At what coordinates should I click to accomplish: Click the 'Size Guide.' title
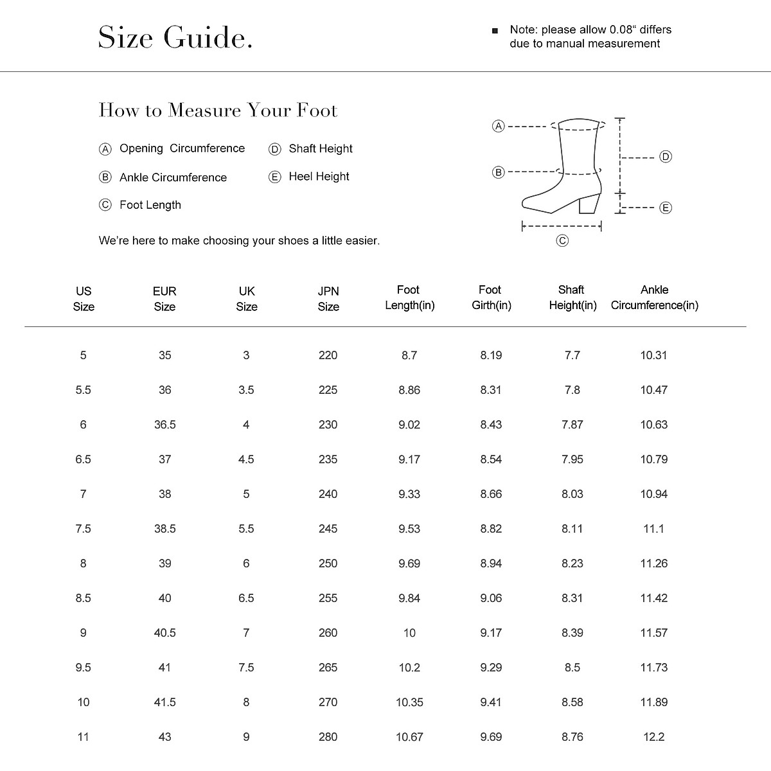pyautogui.click(x=175, y=38)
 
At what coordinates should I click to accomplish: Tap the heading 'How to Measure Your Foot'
pyautogui.click(x=218, y=111)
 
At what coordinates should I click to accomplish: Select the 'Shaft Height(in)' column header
pyautogui.click(x=572, y=297)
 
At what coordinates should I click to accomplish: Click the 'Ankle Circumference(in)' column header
pyautogui.click(x=654, y=297)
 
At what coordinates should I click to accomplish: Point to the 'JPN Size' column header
pyautogui.click(x=328, y=299)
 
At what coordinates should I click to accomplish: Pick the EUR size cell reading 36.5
pyautogui.click(x=165, y=425)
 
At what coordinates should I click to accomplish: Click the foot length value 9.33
pyautogui.click(x=409, y=494)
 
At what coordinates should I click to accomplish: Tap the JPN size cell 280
pyautogui.click(x=328, y=737)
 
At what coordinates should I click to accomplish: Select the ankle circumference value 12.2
pyautogui.click(x=653, y=737)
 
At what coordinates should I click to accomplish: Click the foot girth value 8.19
pyautogui.click(x=491, y=355)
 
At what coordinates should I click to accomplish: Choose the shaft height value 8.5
pyautogui.click(x=572, y=668)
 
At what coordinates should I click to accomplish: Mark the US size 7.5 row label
pyautogui.click(x=84, y=529)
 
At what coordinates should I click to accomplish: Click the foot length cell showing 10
pyautogui.click(x=409, y=633)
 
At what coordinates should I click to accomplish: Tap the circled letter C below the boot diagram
pyautogui.click(x=562, y=241)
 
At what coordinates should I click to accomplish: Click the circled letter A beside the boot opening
pyautogui.click(x=498, y=126)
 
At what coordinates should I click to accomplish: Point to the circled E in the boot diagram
pyautogui.click(x=666, y=208)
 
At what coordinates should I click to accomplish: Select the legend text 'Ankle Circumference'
pyautogui.click(x=173, y=177)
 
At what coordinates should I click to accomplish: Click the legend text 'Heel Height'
pyautogui.click(x=319, y=177)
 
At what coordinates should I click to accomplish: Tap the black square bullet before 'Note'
pyautogui.click(x=495, y=30)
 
